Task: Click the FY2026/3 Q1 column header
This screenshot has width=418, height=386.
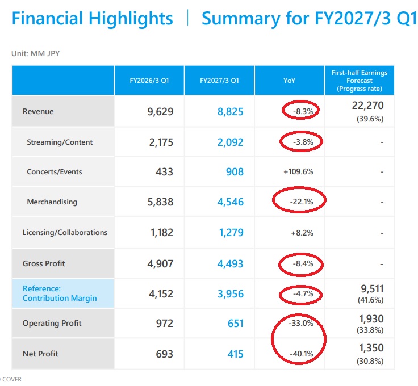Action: pos(149,81)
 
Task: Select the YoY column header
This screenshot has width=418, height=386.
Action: pos(289,81)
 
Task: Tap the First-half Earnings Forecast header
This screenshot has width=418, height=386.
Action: pos(360,81)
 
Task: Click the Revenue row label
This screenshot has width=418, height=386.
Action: pos(38,111)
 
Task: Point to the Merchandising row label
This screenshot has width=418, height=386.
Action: pos(52,202)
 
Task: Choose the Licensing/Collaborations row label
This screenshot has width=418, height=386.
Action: pos(65,233)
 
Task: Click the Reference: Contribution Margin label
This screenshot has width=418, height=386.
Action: pos(60,293)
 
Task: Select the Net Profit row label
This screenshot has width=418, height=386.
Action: pos(40,354)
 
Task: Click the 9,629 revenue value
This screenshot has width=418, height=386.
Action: pos(160,112)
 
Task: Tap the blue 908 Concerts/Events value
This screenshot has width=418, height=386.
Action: pos(235,172)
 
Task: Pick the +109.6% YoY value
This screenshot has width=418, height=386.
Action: pos(298,172)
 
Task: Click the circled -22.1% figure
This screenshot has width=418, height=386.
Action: pos(302,202)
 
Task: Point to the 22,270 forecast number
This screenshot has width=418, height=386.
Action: pos(367,106)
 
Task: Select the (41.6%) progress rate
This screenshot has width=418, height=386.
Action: pos(370,300)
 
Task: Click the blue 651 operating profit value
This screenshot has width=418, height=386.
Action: pos(236,324)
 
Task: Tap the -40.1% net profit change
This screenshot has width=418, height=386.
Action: pos(302,354)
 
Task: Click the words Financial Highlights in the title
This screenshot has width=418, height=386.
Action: pos(93,19)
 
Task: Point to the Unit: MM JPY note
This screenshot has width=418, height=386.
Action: pos(35,53)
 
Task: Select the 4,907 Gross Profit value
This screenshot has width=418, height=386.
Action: pos(160,264)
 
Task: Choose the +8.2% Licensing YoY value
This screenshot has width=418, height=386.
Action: pos(302,233)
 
